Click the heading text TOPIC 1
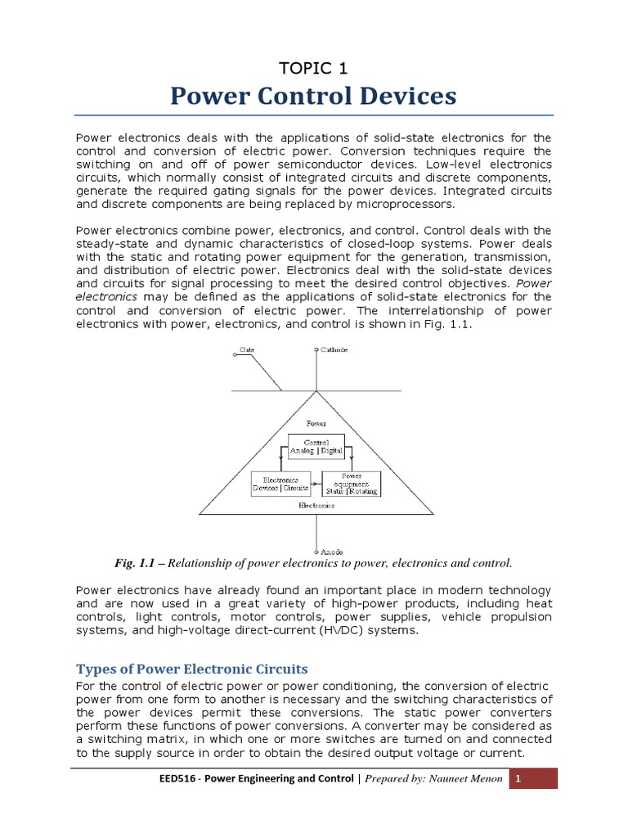[314, 68]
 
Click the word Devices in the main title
[403, 97]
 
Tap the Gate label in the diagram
[246, 349]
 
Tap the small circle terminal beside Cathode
[316, 350]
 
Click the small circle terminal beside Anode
[316, 551]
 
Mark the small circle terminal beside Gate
[235, 351]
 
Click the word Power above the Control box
[316, 424]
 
